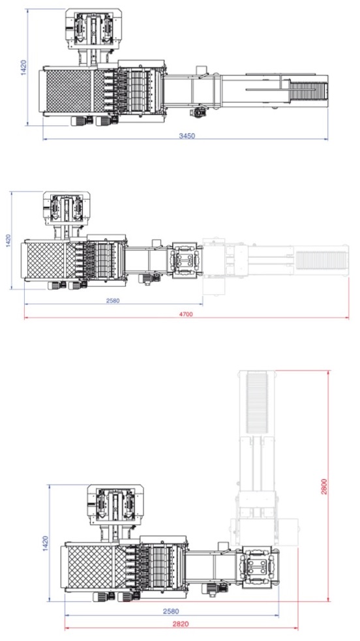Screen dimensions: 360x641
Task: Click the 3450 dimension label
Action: point(187,136)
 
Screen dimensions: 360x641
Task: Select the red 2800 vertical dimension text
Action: point(323,486)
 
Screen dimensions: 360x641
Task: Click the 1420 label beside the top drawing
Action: point(23,67)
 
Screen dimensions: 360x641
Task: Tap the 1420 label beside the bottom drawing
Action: point(46,543)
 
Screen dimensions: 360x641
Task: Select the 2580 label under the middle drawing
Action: point(113,301)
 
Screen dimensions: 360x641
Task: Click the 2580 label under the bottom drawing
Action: point(171,611)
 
